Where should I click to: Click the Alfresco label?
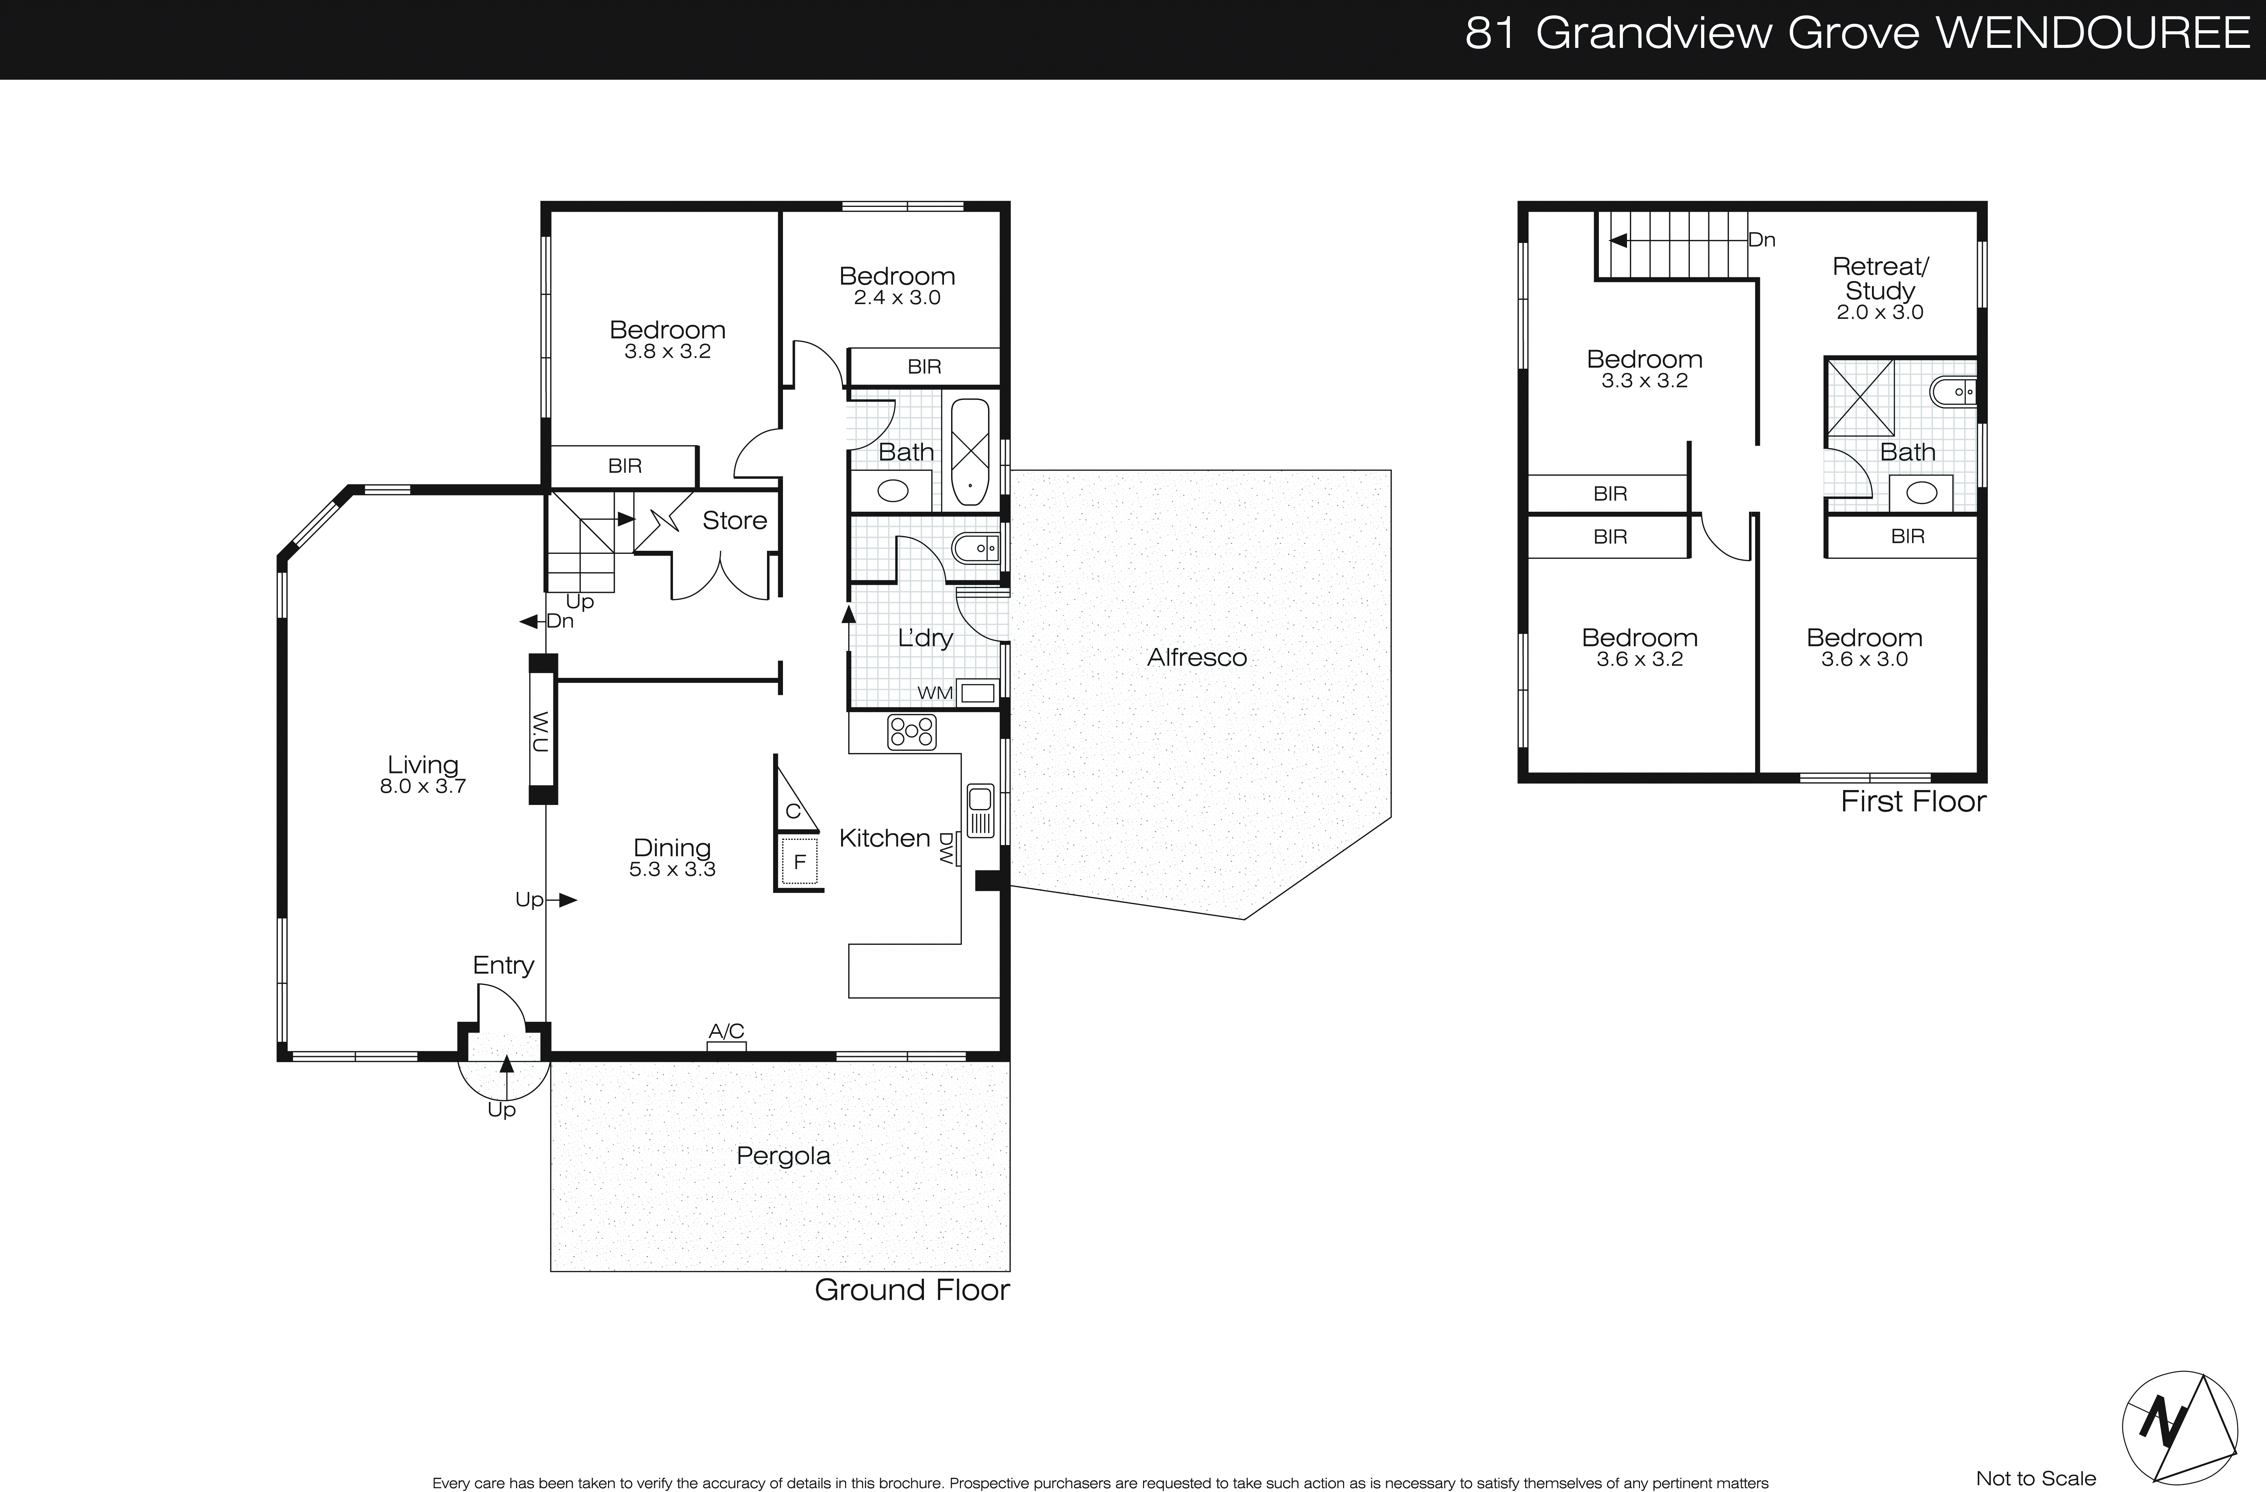click(x=1197, y=657)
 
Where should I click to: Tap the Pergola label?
click(x=784, y=1156)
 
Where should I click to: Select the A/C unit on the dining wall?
click(x=727, y=1045)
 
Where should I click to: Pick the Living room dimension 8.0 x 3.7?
click(x=423, y=787)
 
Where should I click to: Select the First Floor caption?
click(x=1913, y=802)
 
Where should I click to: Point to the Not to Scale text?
click(x=2036, y=1478)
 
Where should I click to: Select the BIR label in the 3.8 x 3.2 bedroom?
click(x=625, y=466)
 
